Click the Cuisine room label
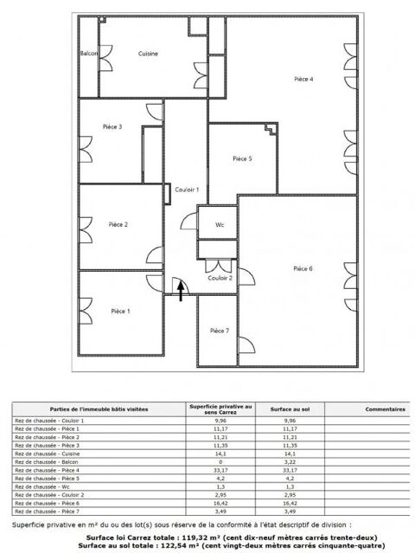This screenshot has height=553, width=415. tap(148, 54)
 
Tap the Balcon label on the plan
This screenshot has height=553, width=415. tap(89, 54)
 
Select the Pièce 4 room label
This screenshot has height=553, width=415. tap(303, 79)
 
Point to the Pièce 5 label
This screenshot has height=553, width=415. tap(243, 159)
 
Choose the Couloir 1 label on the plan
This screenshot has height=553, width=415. tap(187, 190)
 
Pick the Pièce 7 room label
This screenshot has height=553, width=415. tap(220, 331)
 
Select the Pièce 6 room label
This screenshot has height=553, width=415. tap(303, 268)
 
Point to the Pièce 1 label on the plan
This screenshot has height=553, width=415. tap(120, 311)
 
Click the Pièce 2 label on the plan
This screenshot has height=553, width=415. tap(118, 225)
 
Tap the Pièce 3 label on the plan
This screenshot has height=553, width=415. tap(112, 127)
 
